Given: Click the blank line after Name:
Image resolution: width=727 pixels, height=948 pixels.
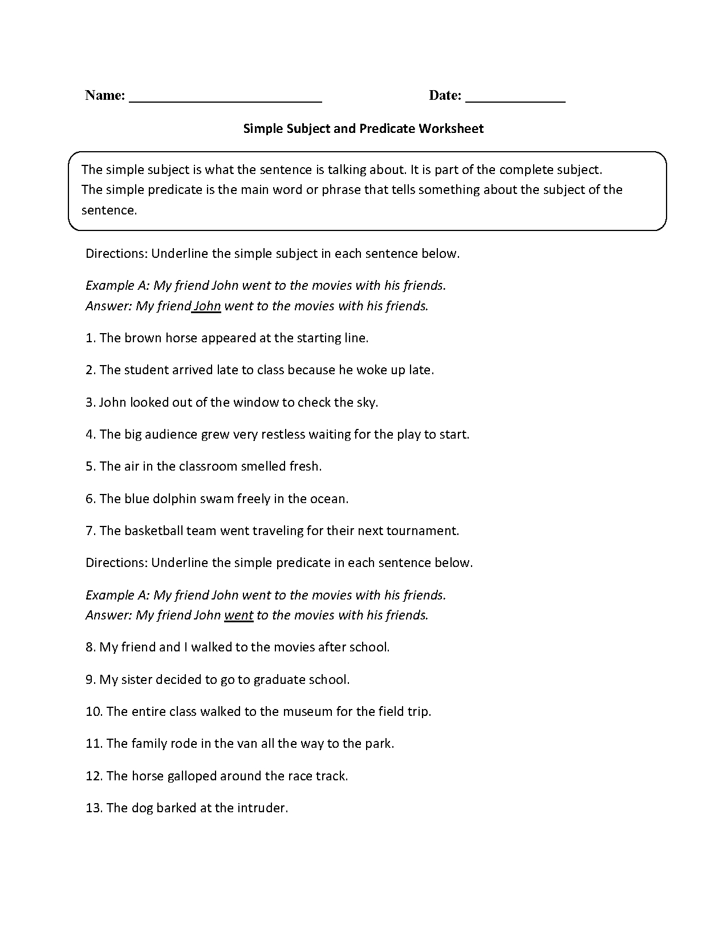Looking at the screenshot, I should tap(226, 97).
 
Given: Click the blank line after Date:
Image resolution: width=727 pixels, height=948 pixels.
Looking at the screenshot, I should tap(515, 97).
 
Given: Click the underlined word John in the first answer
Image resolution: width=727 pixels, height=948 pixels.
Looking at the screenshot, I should tap(207, 306).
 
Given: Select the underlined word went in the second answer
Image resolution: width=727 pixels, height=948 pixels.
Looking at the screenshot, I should tap(239, 615).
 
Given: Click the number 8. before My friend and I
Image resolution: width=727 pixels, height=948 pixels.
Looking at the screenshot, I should tap(91, 647).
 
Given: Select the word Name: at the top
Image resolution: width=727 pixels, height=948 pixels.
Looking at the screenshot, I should tap(105, 95).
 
